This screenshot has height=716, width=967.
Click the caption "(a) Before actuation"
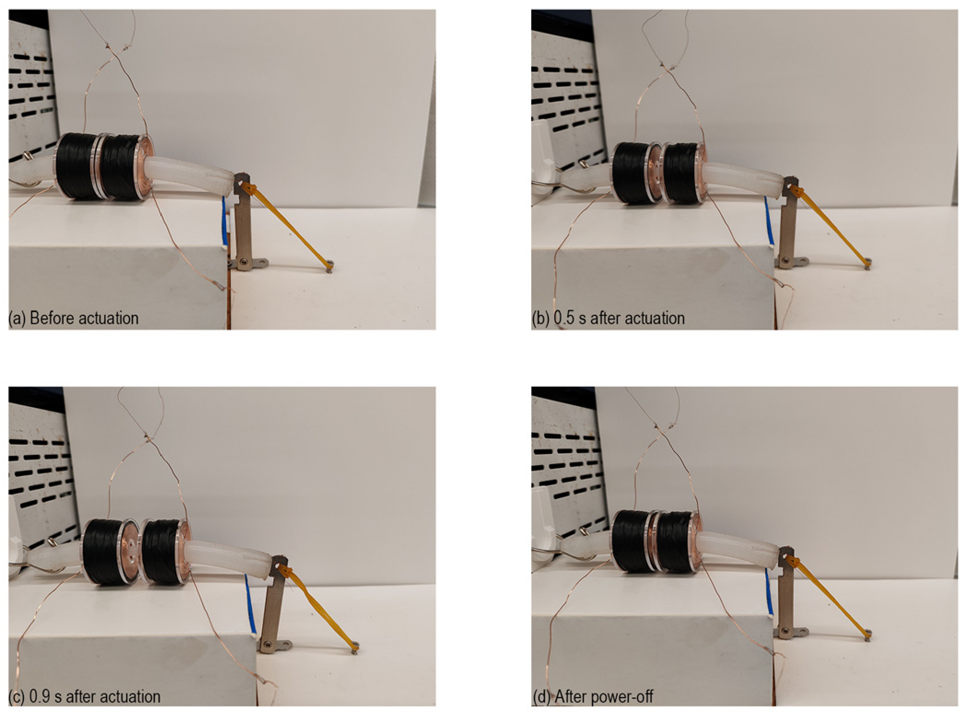74,319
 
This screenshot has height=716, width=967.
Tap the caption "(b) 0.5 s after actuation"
608,319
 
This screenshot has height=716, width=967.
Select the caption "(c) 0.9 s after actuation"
85,697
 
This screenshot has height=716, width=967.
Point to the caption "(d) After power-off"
593,697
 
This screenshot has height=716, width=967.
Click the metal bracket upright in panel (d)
785,592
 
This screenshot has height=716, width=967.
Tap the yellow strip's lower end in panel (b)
867,264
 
